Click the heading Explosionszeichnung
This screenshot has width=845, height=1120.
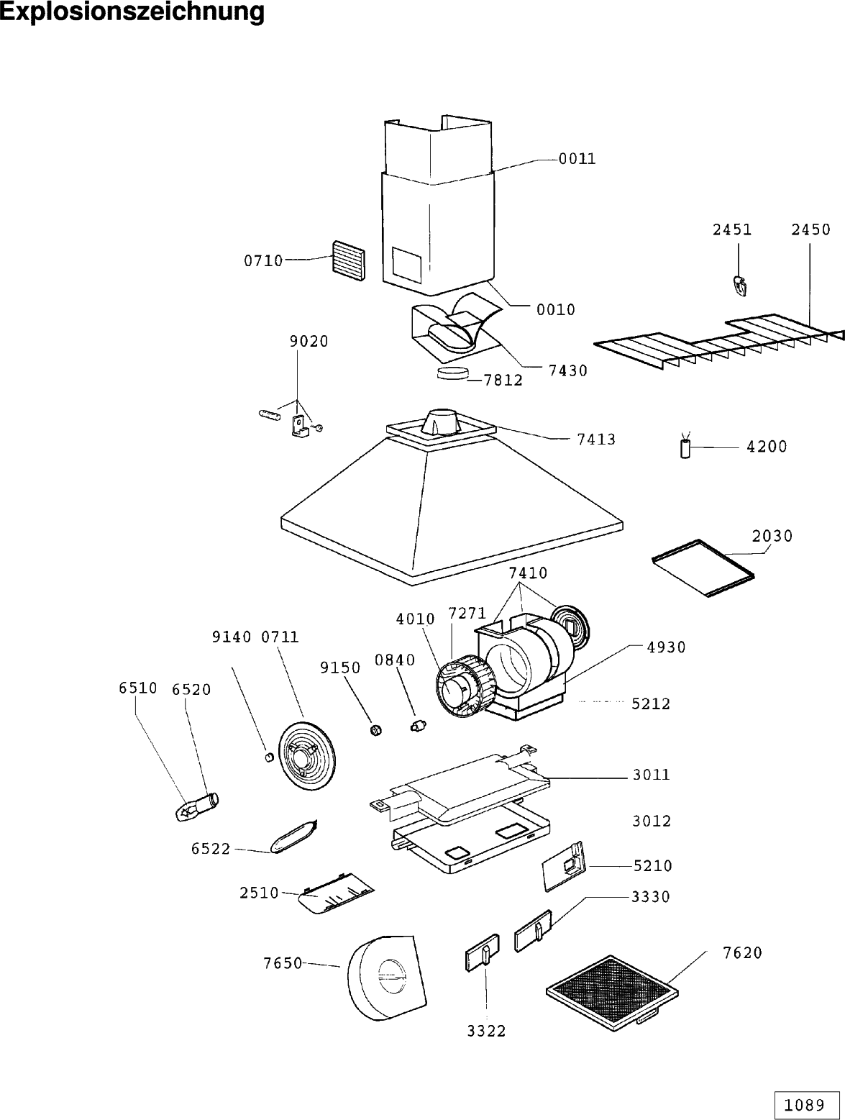[x=132, y=12]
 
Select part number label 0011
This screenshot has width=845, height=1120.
[x=577, y=159]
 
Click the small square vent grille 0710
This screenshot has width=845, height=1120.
[x=349, y=260]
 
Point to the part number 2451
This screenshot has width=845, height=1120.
[x=732, y=230]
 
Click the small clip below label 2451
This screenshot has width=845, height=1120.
[x=740, y=286]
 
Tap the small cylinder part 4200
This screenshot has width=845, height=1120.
[x=685, y=449]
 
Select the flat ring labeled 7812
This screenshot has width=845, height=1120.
[x=452, y=373]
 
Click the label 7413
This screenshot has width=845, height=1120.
[x=596, y=440]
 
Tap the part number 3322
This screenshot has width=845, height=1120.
[x=487, y=1032]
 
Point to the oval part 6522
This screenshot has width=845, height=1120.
[x=293, y=839]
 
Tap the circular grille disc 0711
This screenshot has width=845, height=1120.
[x=307, y=756]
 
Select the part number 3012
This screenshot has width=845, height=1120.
[x=652, y=821]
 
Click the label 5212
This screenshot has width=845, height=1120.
[x=651, y=704]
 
